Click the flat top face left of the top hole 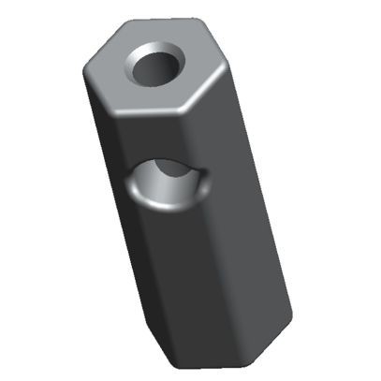[112, 70]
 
